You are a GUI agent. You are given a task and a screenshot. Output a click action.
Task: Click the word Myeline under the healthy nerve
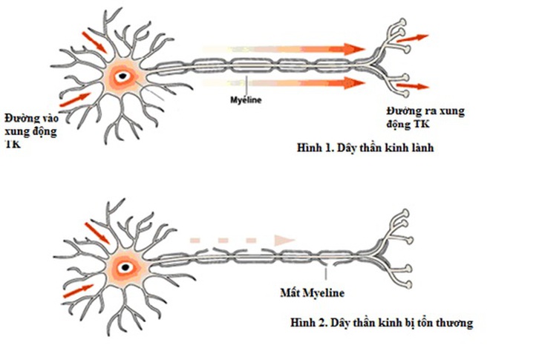246,100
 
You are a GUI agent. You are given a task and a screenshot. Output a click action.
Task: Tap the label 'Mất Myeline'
312,293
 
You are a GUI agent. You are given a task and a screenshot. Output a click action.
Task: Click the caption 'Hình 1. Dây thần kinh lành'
365,148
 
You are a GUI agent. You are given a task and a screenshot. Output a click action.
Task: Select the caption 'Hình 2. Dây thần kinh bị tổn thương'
382,323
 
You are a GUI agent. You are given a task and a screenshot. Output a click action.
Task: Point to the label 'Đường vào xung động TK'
31,131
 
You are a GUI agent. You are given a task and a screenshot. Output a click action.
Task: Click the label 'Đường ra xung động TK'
425,117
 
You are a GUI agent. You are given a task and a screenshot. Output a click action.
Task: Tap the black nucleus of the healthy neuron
123,76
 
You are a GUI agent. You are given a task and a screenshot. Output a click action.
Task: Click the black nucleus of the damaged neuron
125,267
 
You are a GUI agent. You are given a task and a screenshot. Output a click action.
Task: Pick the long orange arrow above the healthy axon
284,50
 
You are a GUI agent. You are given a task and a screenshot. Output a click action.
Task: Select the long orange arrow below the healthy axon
284,83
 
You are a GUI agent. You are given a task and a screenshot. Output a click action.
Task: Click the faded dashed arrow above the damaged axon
242,240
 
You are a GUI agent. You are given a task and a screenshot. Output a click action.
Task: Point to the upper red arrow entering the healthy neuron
94,42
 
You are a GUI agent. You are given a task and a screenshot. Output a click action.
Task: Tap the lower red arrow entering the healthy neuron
75,99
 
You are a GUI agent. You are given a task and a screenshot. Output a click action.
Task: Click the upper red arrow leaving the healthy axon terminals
412,38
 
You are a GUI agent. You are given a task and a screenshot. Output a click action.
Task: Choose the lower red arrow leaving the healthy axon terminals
412,86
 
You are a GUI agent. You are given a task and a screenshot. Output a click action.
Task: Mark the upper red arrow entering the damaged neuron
97,233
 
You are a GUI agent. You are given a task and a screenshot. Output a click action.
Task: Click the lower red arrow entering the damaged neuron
79,291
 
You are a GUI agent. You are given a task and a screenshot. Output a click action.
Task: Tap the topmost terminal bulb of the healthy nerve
402,22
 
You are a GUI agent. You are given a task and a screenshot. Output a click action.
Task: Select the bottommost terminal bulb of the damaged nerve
408,285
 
